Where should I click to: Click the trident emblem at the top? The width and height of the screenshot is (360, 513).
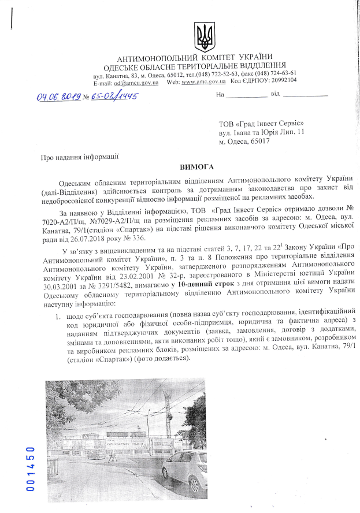click(x=203, y=37)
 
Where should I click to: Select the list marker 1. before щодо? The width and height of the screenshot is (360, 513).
click(x=58, y=317)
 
